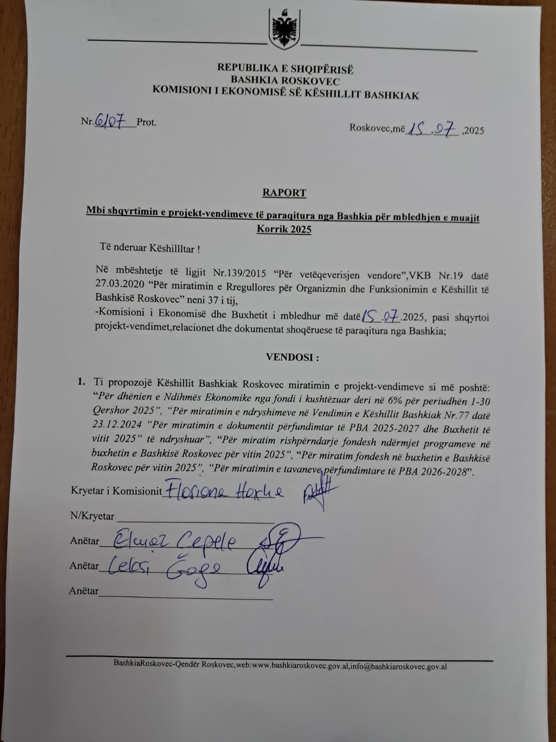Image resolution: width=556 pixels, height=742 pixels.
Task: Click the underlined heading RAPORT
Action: tap(284, 193)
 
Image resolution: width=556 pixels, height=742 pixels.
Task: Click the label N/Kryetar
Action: tap(92, 516)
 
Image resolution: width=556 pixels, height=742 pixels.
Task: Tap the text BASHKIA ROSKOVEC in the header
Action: tap(285, 80)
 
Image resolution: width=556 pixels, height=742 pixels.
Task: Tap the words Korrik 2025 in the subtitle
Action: tap(284, 230)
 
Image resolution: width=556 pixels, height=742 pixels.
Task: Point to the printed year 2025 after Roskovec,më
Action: tap(474, 130)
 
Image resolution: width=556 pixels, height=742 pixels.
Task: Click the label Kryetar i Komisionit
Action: tap(116, 491)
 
